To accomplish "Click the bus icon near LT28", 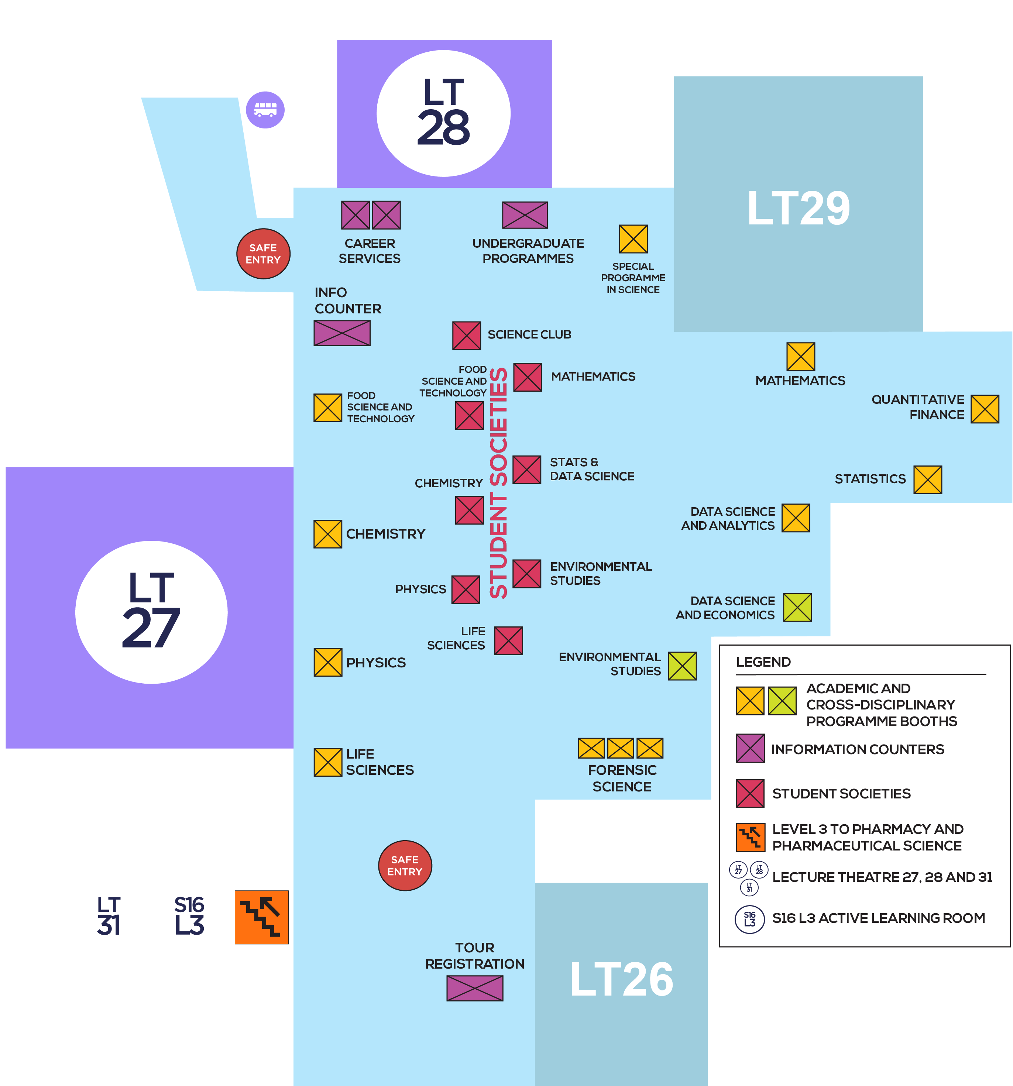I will click(x=265, y=110).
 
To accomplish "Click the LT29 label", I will click(x=798, y=208).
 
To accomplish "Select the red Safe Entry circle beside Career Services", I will click(x=263, y=254).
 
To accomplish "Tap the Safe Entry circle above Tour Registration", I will click(x=405, y=865).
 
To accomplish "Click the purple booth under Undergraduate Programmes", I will click(x=525, y=215).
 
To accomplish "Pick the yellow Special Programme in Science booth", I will click(x=633, y=239).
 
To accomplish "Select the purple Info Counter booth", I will click(x=341, y=333).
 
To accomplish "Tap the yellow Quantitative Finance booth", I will click(x=985, y=409).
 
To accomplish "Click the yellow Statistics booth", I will click(x=927, y=480).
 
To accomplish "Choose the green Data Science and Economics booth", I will click(x=797, y=608).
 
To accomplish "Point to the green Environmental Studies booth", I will click(x=682, y=666).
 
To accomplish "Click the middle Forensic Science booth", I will click(x=620, y=748).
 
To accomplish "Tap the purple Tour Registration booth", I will click(x=474, y=988).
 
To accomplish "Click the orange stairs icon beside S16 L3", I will click(x=261, y=917).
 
